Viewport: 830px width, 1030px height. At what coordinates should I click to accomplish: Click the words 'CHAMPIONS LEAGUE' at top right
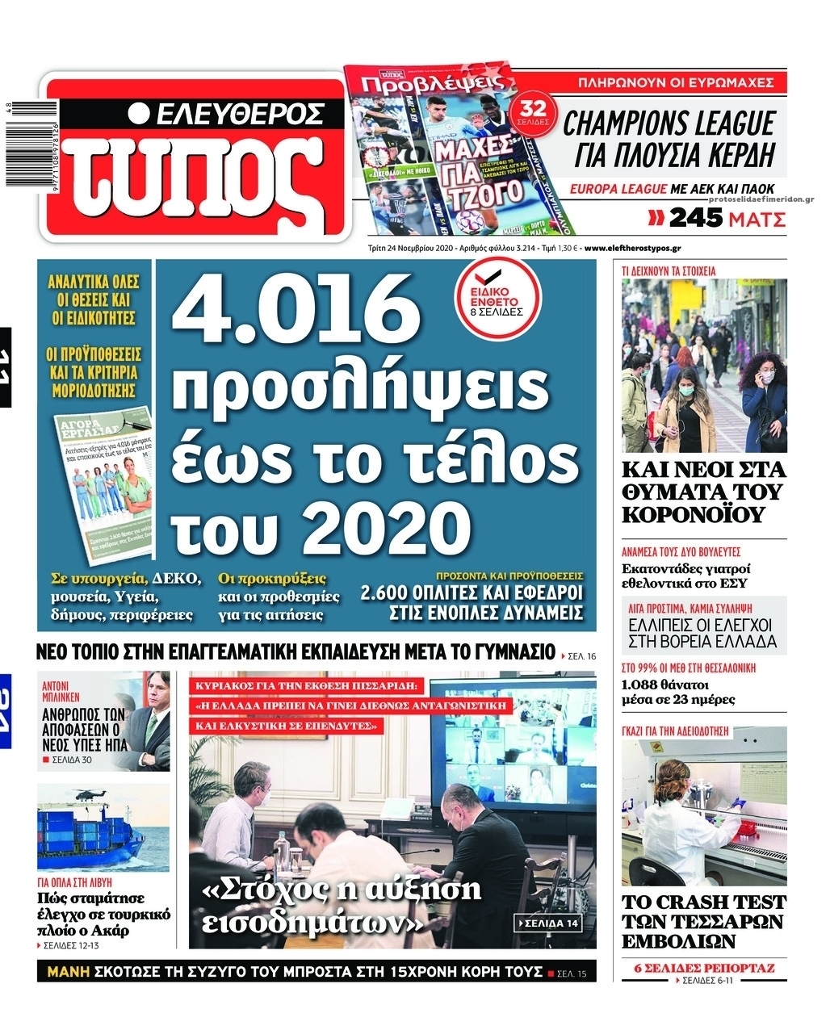(668, 124)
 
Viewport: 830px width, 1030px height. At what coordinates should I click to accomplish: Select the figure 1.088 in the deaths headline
(643, 685)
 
